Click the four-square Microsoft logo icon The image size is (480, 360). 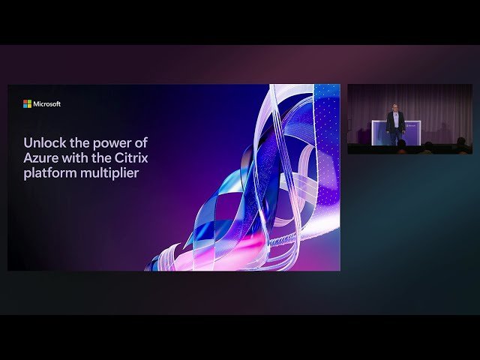[x=27, y=103]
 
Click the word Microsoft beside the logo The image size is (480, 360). [x=46, y=103]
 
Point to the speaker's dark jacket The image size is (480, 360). [x=395, y=121]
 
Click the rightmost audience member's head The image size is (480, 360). [x=460, y=142]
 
